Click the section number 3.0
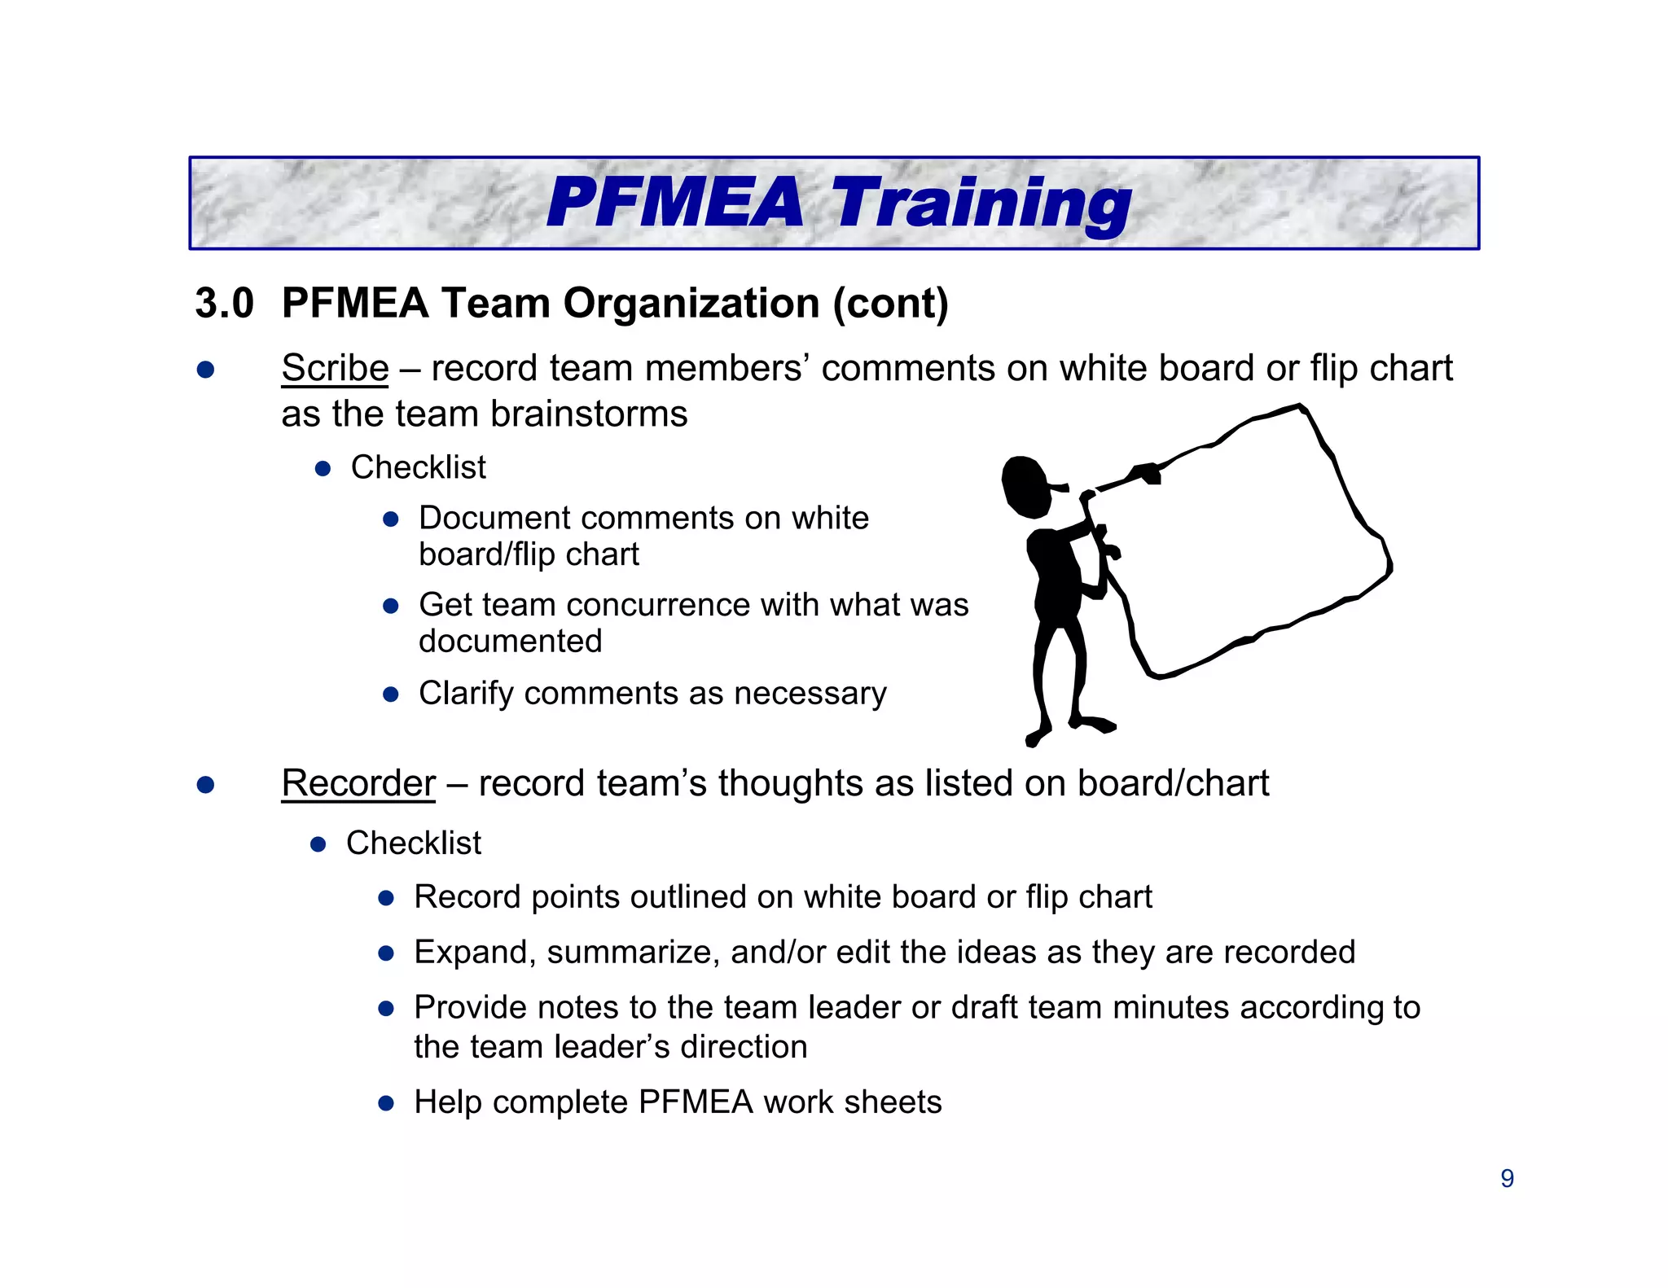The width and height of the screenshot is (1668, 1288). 224,303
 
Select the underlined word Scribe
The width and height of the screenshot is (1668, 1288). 335,368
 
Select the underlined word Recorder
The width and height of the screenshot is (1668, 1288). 358,783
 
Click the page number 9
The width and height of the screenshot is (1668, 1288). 1507,1178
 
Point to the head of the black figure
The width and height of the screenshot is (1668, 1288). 1027,487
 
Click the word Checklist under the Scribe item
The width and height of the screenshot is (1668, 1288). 418,467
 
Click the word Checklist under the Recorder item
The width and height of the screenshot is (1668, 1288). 413,843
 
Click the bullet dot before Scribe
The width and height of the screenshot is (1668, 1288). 205,370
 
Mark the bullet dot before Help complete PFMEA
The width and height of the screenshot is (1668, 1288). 386,1104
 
